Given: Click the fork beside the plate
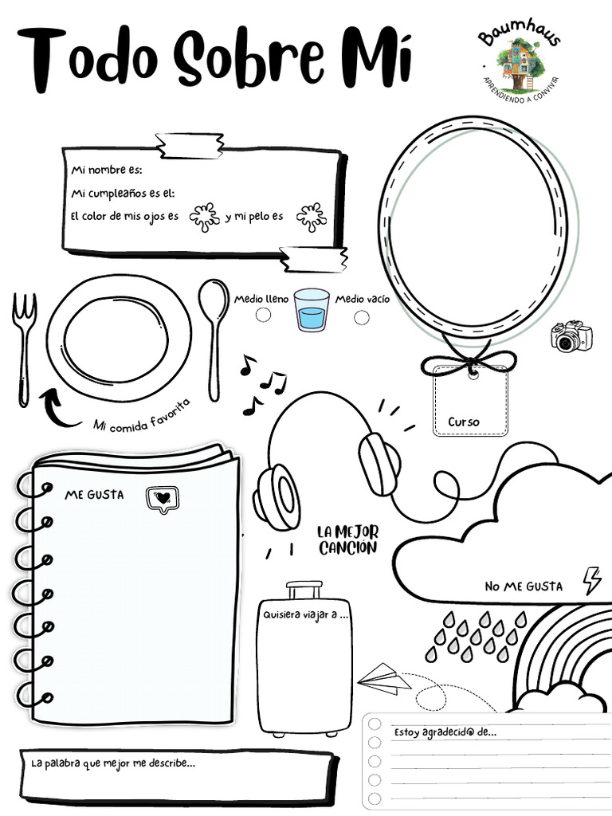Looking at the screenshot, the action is (x=25, y=347).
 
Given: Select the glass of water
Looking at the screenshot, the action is (x=311, y=310).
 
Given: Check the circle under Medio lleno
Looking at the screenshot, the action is (x=263, y=316).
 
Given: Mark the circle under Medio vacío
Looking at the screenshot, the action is (x=362, y=317).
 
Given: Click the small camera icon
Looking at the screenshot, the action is (x=571, y=336).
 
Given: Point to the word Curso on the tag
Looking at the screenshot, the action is (x=464, y=422).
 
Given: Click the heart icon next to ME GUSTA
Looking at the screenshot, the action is (x=163, y=497).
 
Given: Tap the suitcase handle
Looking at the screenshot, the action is (x=304, y=590).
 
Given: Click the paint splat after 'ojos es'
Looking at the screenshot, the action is (x=205, y=215).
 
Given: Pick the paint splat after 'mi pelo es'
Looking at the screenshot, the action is (x=311, y=216).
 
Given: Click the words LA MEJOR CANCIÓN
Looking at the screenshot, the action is (x=347, y=539).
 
